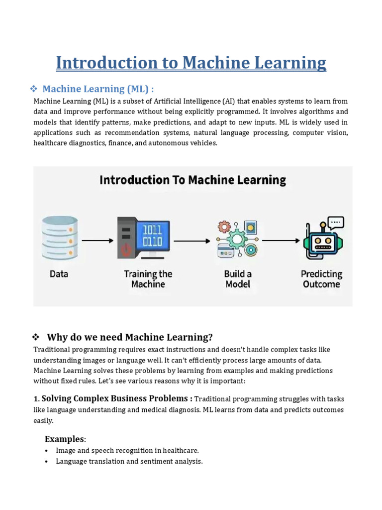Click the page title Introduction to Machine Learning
[191, 63]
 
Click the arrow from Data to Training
[97, 241]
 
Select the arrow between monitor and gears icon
[192, 241]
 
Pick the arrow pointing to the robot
[281, 241]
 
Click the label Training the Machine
[148, 279]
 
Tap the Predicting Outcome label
[321, 279]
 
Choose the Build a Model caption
[238, 279]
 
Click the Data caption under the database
[59, 274]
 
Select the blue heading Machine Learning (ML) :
[98, 89]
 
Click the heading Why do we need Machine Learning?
[129, 337]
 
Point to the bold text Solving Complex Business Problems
[117, 398]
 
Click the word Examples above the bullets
[65, 439]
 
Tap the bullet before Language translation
[46, 462]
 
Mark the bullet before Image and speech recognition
[46, 451]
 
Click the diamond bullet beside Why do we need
[36, 337]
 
